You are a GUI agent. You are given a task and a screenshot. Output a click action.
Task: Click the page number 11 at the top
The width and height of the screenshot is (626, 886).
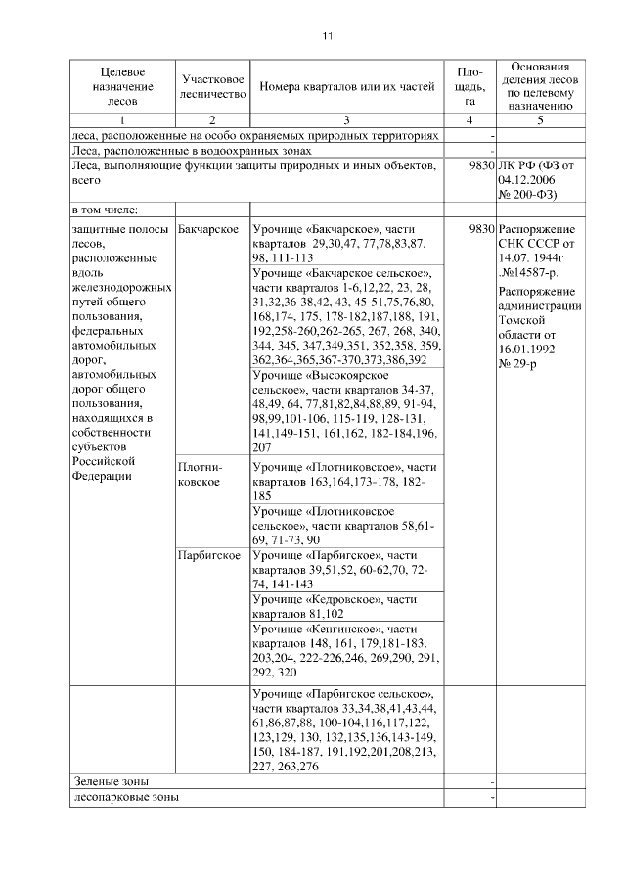[x=327, y=36]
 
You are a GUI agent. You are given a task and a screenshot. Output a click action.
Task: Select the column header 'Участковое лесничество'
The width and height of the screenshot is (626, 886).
[x=212, y=87]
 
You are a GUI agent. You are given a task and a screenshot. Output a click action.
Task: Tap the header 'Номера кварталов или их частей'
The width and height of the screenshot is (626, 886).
[x=346, y=87]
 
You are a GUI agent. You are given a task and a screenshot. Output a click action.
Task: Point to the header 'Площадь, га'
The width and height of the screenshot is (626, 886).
[x=470, y=87]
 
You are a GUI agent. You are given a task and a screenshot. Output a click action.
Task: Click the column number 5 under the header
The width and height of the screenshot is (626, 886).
[x=540, y=119]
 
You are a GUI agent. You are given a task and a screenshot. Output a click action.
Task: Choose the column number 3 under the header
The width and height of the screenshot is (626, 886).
[x=346, y=119]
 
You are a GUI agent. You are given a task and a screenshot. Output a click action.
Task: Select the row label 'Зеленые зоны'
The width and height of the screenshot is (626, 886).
[x=109, y=782]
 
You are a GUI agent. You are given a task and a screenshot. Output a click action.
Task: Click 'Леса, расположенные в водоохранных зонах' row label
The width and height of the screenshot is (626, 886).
[x=193, y=151]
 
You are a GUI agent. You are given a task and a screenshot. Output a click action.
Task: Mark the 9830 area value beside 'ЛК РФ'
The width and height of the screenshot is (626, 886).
[x=476, y=166]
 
